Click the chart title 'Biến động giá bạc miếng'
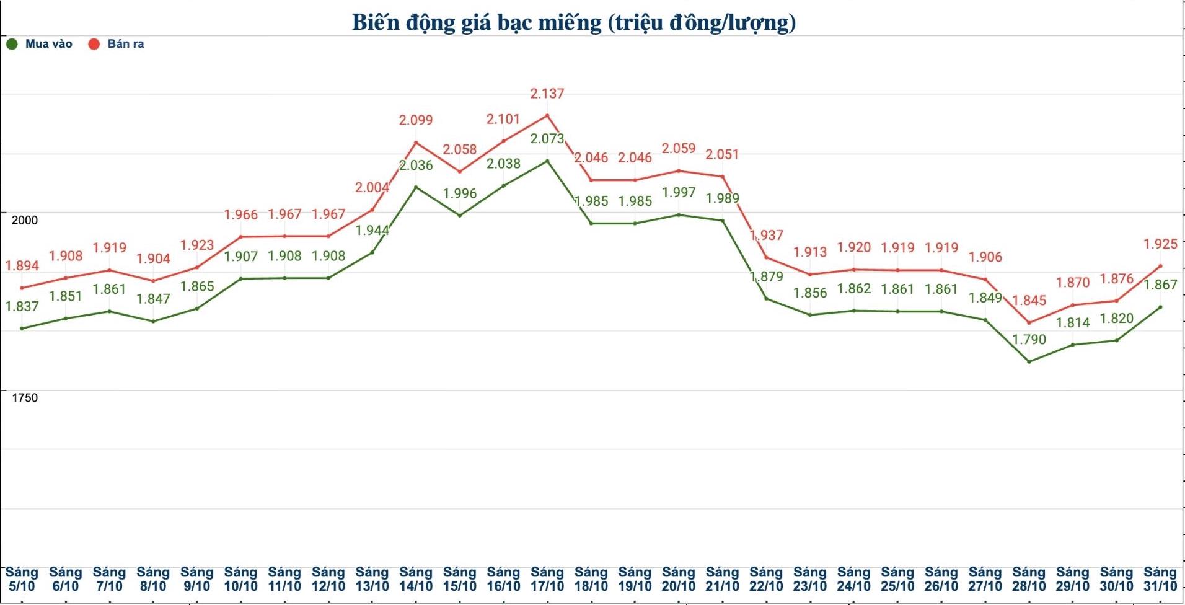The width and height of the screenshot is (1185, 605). (x=573, y=22)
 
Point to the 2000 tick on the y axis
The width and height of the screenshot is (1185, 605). (x=25, y=220)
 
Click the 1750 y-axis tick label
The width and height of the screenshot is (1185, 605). (x=25, y=398)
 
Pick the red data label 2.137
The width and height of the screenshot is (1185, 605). (x=547, y=94)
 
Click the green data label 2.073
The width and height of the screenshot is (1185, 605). (x=547, y=139)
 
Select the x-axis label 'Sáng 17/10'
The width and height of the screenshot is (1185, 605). (x=547, y=579)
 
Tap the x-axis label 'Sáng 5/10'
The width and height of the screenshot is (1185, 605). (x=22, y=579)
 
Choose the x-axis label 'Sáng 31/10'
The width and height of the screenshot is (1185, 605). (x=1160, y=579)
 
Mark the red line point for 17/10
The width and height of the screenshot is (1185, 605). (x=547, y=115)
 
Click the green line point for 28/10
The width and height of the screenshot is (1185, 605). (x=1029, y=361)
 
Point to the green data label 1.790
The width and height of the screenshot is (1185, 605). (x=1029, y=340)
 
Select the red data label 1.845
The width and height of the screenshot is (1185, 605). (x=1029, y=301)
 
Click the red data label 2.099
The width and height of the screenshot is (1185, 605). (x=416, y=120)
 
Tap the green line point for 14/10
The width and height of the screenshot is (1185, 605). (x=416, y=187)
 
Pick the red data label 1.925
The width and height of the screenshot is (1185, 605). (x=1160, y=244)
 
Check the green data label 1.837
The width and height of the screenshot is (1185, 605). (x=22, y=306)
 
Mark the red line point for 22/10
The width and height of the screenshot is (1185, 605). (x=766, y=257)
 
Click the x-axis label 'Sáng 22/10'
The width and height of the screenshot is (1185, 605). (x=766, y=579)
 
